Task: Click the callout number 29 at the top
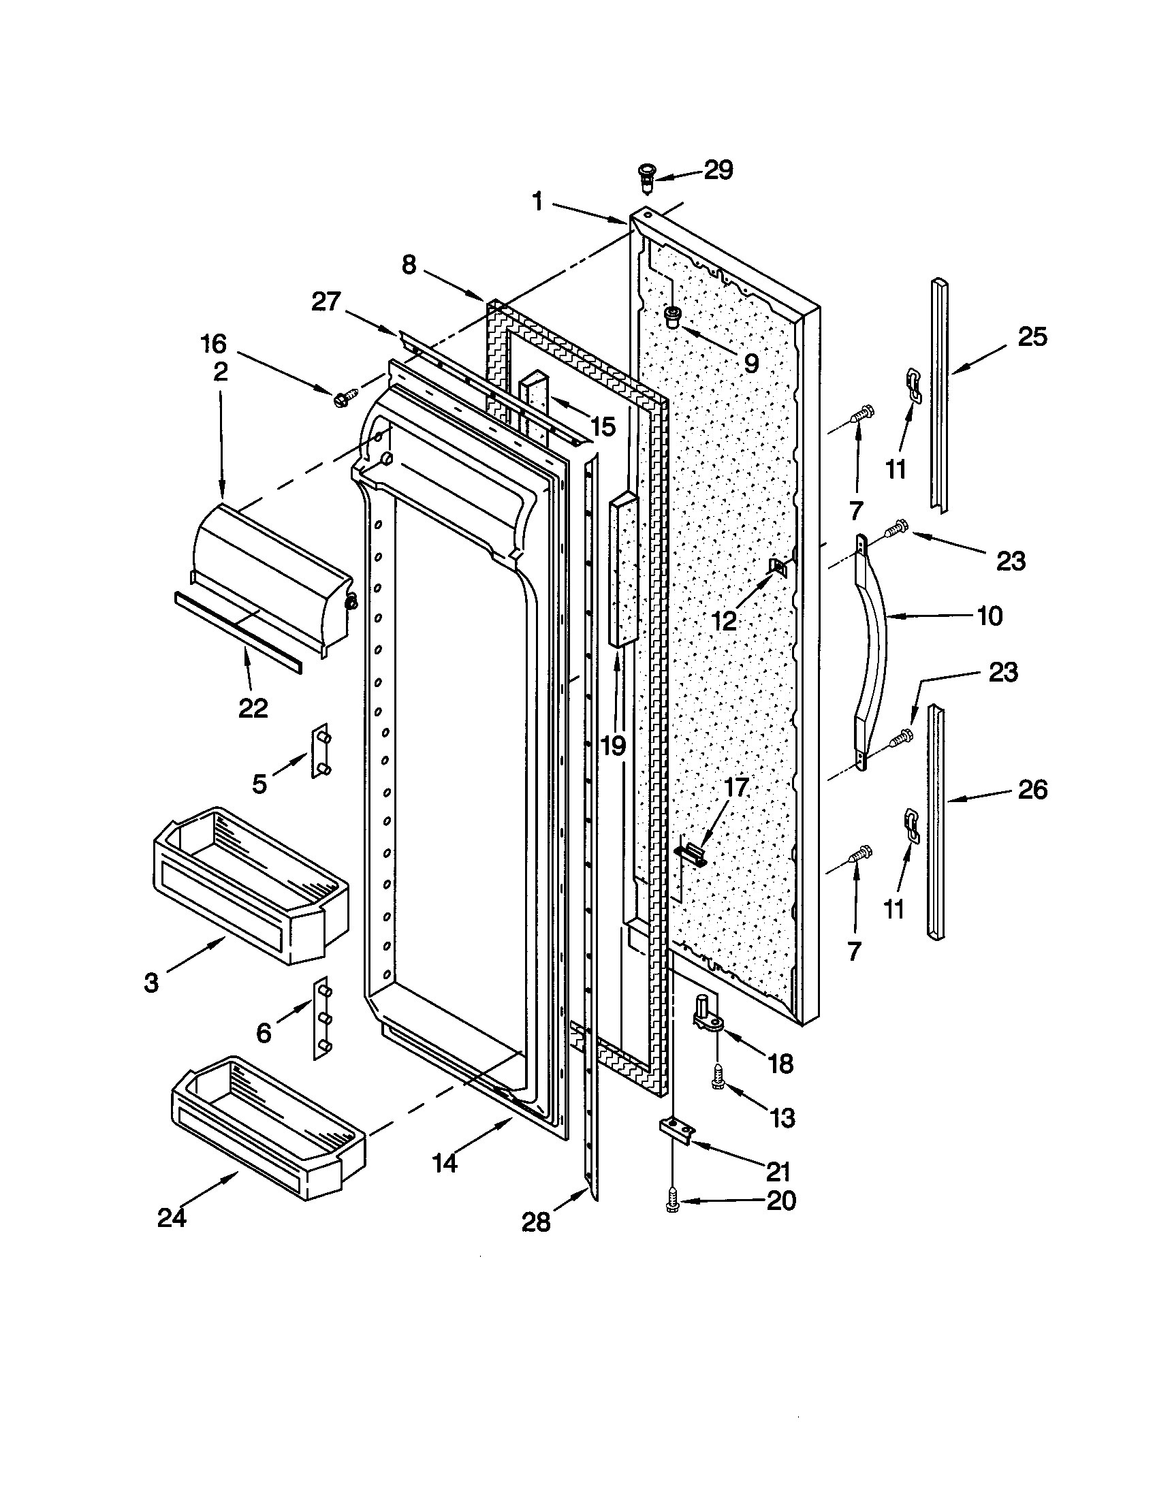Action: click(718, 170)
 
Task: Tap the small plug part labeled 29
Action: click(647, 178)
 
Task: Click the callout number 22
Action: click(253, 708)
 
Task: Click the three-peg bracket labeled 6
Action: click(321, 1018)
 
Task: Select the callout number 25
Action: click(1032, 337)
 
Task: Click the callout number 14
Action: click(445, 1162)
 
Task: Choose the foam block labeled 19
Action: click(622, 569)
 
